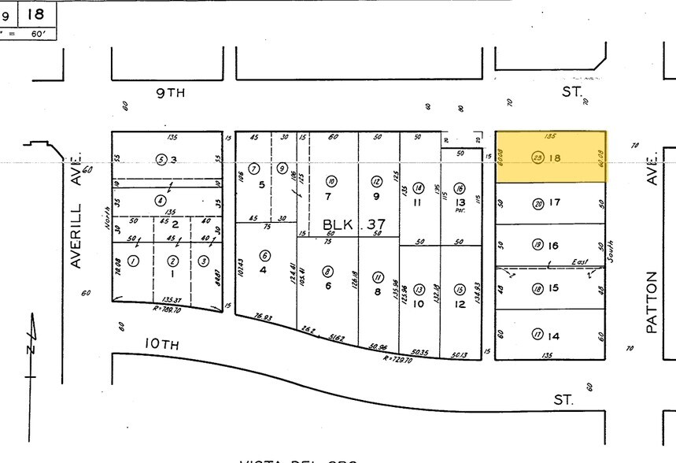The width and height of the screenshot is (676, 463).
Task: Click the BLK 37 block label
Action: click(x=353, y=225)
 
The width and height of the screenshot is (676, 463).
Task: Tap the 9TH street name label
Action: click(x=170, y=93)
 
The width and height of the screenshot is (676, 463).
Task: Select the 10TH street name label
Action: click(x=161, y=344)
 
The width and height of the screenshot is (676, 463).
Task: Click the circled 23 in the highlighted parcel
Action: click(x=538, y=157)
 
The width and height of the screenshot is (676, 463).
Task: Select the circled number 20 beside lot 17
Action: click(x=538, y=203)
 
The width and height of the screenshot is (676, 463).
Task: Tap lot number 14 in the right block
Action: click(x=554, y=336)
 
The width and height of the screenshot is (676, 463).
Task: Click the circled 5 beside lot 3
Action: click(x=161, y=159)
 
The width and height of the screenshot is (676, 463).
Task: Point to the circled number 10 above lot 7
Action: click(x=331, y=180)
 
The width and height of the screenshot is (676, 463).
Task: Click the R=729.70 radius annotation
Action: click(x=398, y=358)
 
